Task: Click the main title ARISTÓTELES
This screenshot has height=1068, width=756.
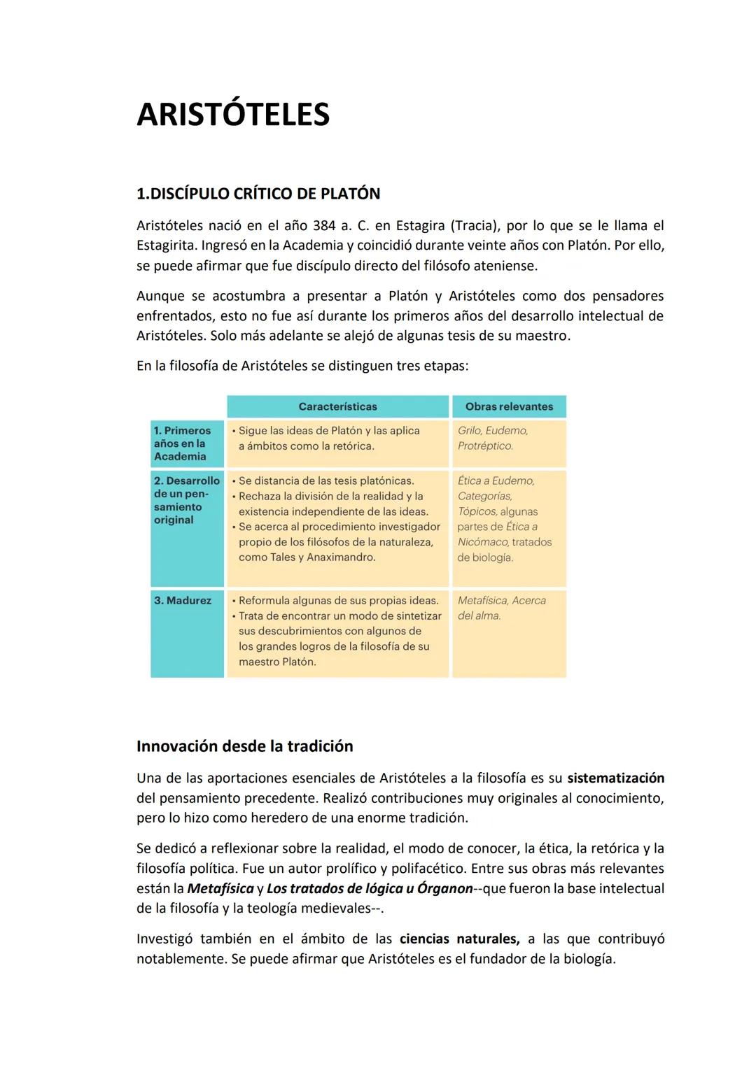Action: pyautogui.click(x=233, y=115)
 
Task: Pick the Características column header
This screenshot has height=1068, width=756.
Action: pyautogui.click(x=337, y=406)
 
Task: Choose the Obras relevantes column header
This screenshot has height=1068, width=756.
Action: pyautogui.click(x=509, y=406)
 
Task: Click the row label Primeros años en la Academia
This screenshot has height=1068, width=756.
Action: pyautogui.click(x=182, y=443)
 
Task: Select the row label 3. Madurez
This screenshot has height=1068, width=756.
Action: pyautogui.click(x=183, y=601)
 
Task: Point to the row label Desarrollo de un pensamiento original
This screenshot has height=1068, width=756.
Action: pyautogui.click(x=186, y=500)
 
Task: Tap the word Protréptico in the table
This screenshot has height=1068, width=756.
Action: pyautogui.click(x=484, y=446)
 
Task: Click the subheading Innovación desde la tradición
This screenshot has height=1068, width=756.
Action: pyautogui.click(x=244, y=746)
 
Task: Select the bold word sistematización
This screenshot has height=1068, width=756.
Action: pyautogui.click(x=615, y=778)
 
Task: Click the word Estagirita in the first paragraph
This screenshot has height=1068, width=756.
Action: pyautogui.click(x=167, y=246)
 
